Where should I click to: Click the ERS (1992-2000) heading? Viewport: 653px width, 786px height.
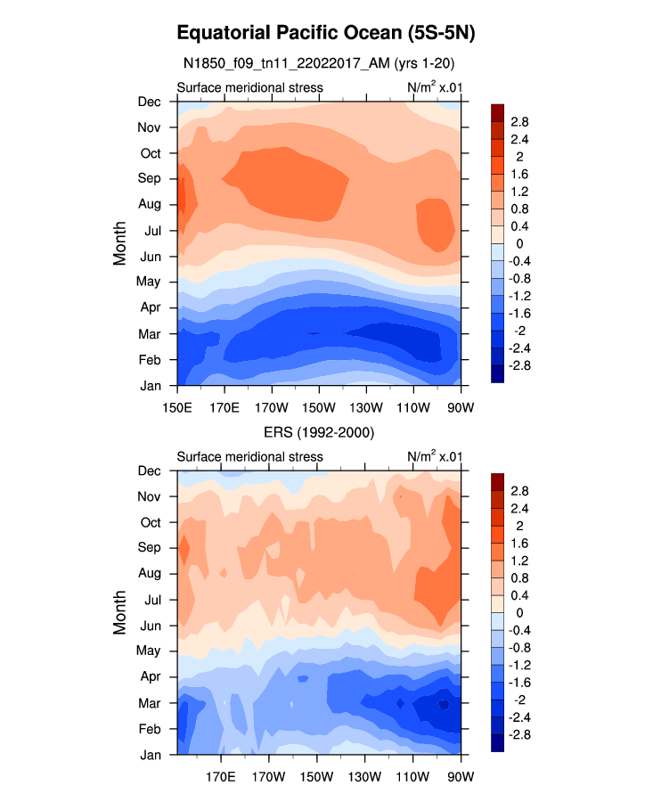[x=319, y=432]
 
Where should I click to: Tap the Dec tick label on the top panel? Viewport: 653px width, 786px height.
[x=149, y=102]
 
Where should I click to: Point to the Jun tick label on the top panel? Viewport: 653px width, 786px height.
[x=149, y=257]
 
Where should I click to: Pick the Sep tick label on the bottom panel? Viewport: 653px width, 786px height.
[x=149, y=547]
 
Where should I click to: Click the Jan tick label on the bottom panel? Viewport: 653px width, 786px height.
[x=149, y=754]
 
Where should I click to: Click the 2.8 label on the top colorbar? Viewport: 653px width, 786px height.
[x=519, y=121]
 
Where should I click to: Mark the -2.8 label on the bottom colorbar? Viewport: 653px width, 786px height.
[x=520, y=734]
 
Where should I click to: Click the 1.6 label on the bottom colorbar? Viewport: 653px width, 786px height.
[x=519, y=543]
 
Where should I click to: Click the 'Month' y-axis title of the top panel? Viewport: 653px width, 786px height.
[x=120, y=243]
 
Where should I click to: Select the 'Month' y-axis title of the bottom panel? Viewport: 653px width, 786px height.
[x=120, y=612]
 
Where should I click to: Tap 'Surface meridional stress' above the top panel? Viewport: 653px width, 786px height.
[x=249, y=87]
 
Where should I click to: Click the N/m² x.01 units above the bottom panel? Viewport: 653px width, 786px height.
[x=434, y=456]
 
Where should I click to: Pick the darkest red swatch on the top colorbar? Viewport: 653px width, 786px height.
[x=498, y=111]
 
